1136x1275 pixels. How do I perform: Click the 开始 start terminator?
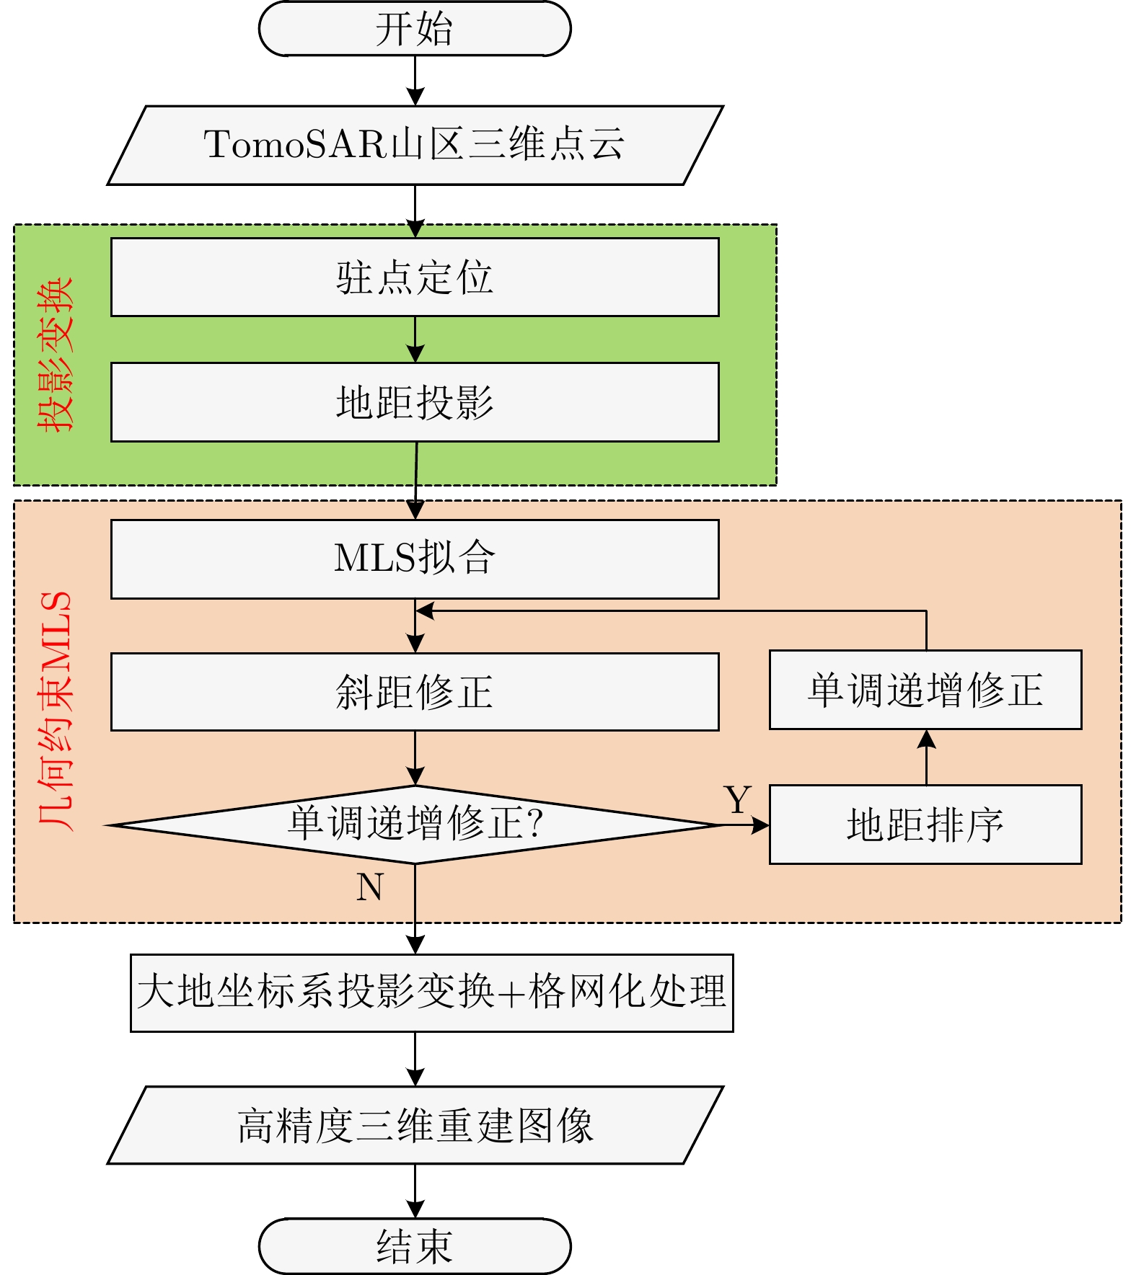click(415, 29)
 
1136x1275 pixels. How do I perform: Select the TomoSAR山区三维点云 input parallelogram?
click(415, 145)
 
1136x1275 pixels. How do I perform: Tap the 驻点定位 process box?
click(415, 277)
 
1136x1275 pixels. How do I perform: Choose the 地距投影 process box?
click(415, 401)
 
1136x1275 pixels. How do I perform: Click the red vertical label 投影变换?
click(56, 355)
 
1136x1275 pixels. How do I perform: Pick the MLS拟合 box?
click(415, 559)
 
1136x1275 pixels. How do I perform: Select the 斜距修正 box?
click(415, 691)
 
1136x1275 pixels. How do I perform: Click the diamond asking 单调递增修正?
click(415, 824)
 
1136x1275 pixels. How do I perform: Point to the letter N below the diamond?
click(369, 887)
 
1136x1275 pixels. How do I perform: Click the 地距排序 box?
click(925, 824)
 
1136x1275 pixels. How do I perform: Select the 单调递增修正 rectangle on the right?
click(925, 690)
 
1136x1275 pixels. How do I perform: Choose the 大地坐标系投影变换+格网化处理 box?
click(431, 992)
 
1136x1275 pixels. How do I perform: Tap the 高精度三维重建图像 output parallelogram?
click(415, 1124)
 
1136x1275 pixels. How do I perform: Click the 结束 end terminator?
click(415, 1246)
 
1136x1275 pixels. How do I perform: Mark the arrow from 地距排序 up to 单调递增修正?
click(926, 757)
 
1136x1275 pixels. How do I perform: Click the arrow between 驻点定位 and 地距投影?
click(415, 339)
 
